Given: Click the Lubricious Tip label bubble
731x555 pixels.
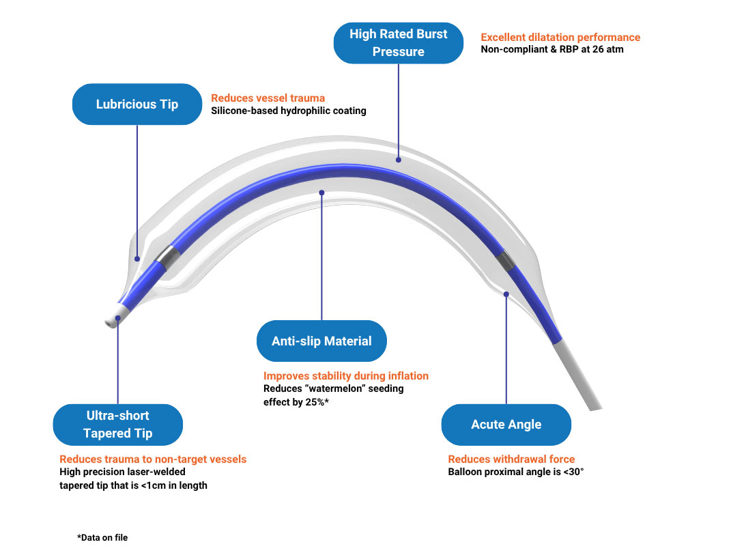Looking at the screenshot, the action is point(137,104).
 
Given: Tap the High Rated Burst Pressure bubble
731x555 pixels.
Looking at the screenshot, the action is point(399,43).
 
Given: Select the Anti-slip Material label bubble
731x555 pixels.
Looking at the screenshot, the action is point(321,341).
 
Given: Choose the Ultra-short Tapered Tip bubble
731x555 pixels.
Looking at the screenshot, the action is point(118,425).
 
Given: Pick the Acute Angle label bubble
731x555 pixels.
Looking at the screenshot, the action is point(506,425).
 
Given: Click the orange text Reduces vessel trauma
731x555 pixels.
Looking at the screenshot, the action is point(268,98).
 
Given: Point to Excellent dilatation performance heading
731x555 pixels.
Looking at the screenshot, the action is point(560,38).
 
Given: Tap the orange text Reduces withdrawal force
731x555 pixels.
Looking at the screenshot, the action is point(511,459).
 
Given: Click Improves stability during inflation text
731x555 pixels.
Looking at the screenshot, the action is point(346,376).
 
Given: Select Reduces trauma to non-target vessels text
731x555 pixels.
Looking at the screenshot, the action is point(153,459).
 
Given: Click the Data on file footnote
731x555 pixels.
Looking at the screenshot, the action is point(102,538).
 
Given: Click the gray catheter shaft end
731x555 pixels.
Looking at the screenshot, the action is point(577,377).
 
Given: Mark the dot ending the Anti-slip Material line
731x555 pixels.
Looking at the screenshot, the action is point(321,193).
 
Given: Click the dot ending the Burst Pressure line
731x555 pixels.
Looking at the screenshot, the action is point(399,160).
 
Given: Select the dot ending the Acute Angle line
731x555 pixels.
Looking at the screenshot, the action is point(506,294).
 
